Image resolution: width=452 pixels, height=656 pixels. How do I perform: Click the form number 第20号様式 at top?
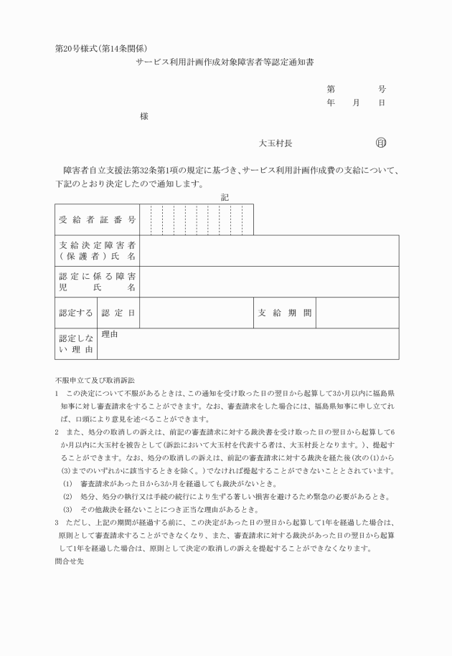tap(79, 49)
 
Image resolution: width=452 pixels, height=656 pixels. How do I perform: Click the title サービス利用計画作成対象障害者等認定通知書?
tap(225, 63)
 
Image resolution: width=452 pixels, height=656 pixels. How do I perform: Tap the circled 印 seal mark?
tap(380, 143)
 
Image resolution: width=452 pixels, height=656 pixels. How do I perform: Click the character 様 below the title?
tap(144, 116)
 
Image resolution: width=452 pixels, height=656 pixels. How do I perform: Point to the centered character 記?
tap(225, 196)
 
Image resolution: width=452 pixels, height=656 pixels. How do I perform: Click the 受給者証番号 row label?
tap(97, 219)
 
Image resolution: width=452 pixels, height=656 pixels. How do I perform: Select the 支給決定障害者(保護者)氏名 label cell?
tap(97, 250)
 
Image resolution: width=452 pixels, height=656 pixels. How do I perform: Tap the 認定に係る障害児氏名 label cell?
tap(97, 281)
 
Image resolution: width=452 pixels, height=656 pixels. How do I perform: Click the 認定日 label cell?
tap(118, 313)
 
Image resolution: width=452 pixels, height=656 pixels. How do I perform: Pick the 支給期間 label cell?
tap(285, 313)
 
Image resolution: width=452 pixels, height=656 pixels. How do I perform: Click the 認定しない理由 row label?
tap(76, 343)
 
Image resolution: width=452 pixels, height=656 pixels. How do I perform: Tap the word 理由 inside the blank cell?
tap(110, 334)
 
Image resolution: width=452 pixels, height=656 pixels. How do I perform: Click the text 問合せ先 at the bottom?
tap(70, 563)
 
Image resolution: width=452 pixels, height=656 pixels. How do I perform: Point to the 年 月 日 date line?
tap(356, 103)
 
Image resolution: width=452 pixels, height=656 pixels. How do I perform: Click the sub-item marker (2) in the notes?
tap(68, 496)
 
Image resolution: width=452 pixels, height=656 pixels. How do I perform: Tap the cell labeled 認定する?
tap(76, 313)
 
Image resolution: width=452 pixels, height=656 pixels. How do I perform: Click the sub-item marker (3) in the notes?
tap(68, 510)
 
